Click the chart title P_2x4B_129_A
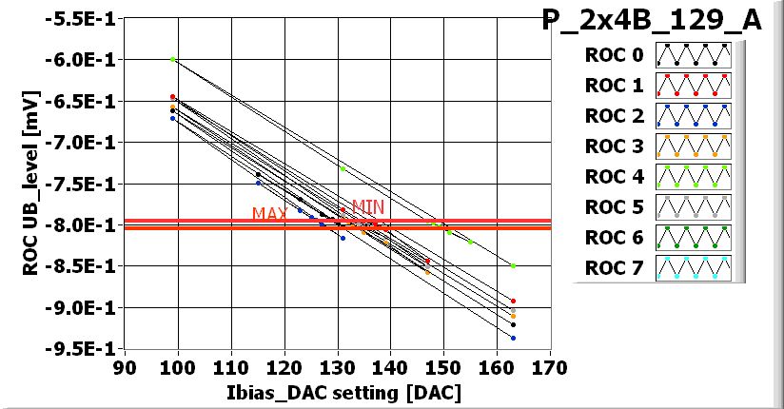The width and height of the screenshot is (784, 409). click(652, 22)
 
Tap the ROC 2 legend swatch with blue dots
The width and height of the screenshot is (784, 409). click(693, 116)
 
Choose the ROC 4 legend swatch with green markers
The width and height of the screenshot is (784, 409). click(693, 177)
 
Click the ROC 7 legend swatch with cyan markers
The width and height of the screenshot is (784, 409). click(693, 268)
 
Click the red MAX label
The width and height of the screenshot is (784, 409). click(269, 214)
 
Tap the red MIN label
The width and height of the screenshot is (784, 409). click(367, 205)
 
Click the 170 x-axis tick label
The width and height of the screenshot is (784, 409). click(549, 366)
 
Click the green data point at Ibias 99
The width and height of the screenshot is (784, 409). click(172, 59)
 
